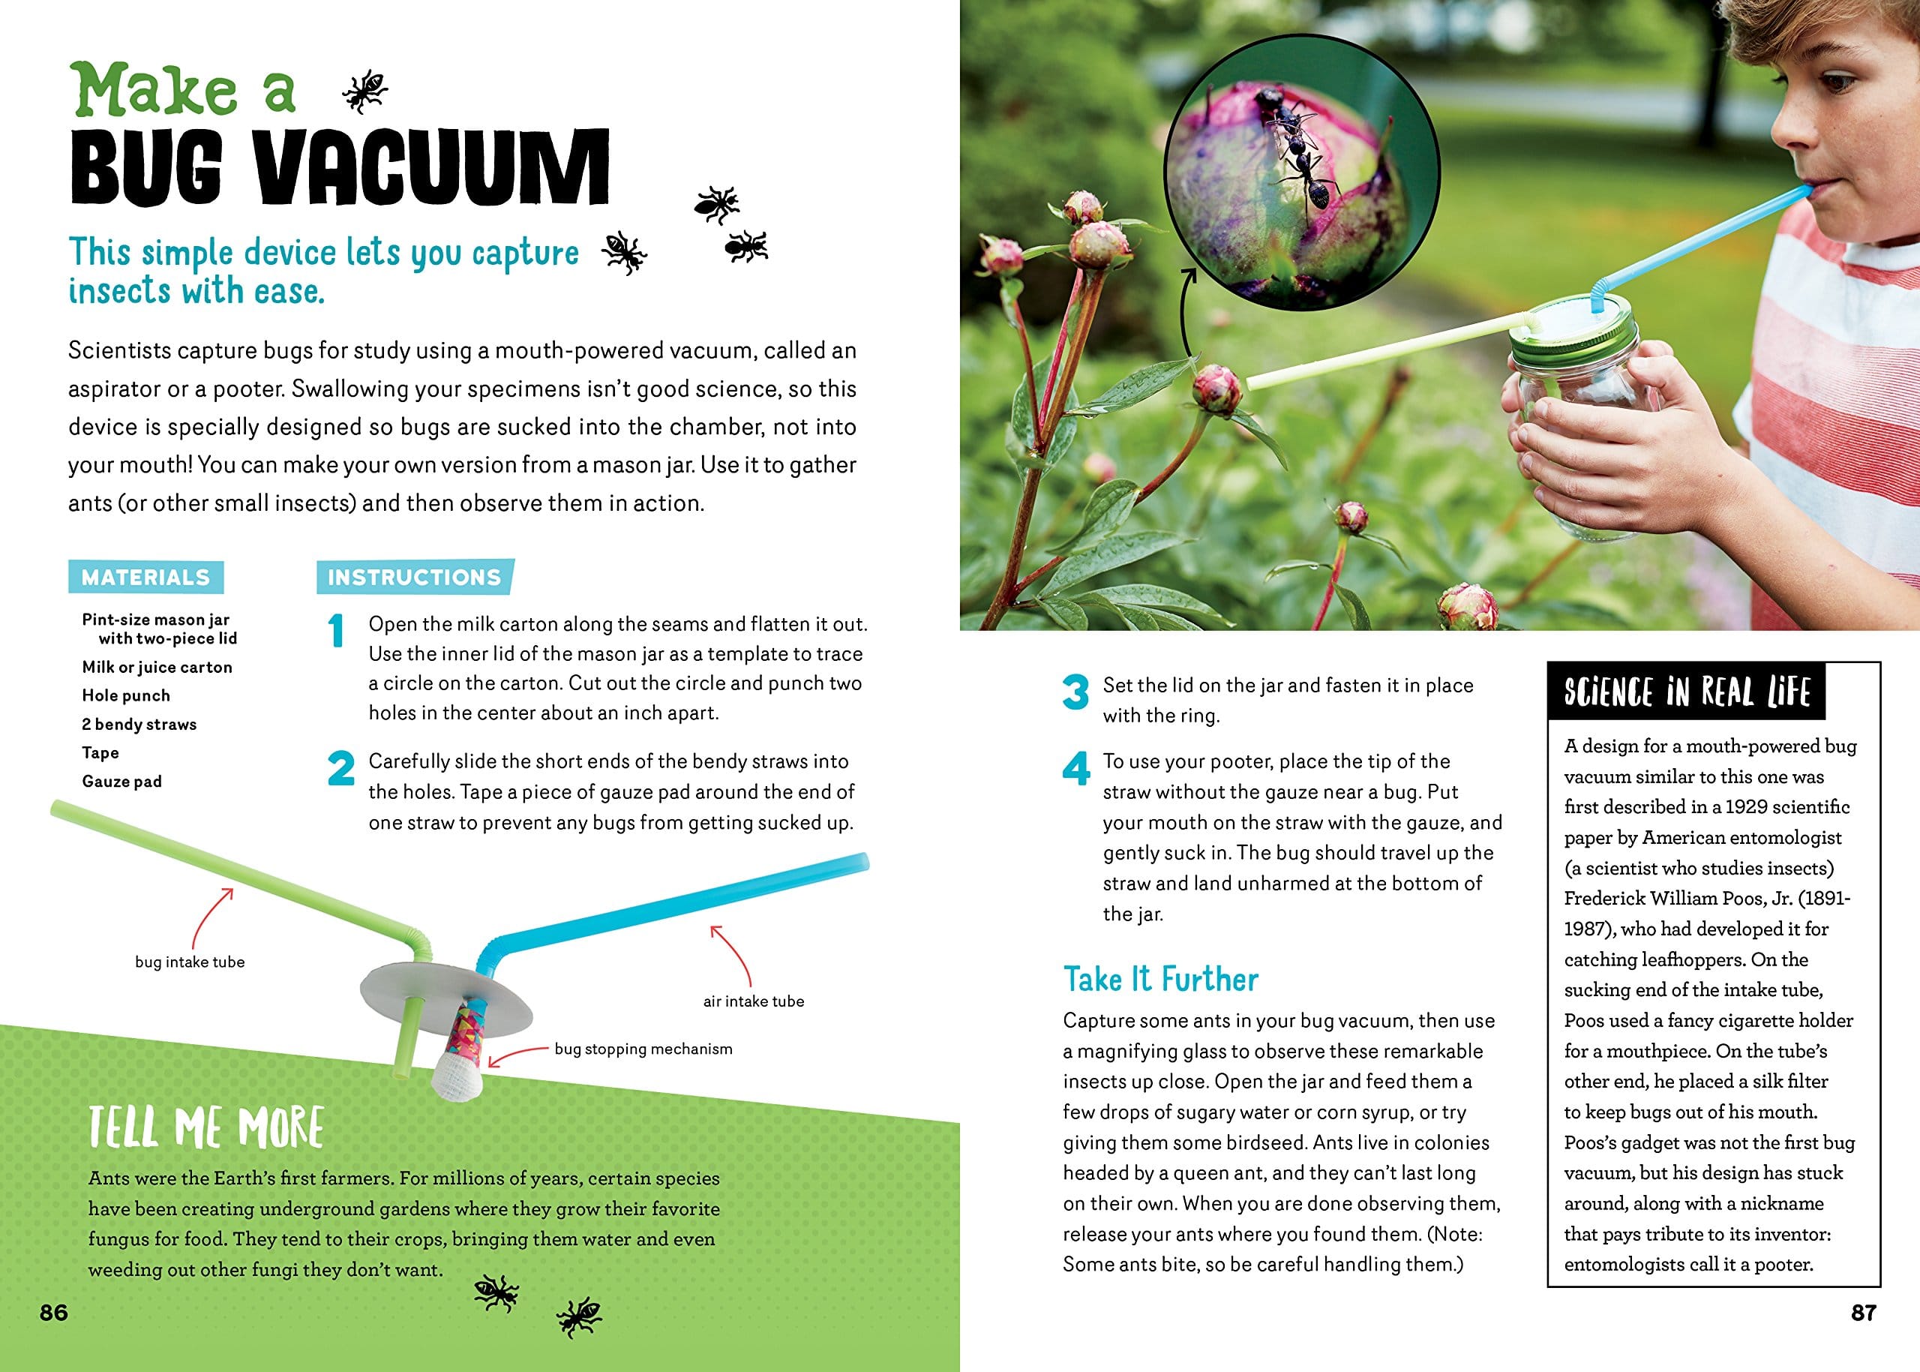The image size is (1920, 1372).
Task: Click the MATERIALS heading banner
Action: pyautogui.click(x=145, y=577)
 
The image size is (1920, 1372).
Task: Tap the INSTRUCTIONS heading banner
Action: pyautogui.click(x=414, y=577)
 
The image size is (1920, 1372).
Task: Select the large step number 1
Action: pyautogui.click(x=337, y=630)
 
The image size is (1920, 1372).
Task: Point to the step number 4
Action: pyautogui.click(x=1075, y=768)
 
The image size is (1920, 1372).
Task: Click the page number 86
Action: pyautogui.click(x=53, y=1312)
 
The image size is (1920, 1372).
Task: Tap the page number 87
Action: pyautogui.click(x=1864, y=1312)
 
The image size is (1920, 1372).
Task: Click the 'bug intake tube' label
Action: pyautogui.click(x=190, y=962)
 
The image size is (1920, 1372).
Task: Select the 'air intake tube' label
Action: pyautogui.click(x=754, y=1001)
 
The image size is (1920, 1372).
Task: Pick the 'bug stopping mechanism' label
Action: pyautogui.click(x=643, y=1049)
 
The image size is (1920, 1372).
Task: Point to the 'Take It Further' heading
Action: pyautogui.click(x=1160, y=979)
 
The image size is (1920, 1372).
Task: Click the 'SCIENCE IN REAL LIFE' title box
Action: pyautogui.click(x=1686, y=692)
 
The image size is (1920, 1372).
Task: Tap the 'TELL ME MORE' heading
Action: pyautogui.click(x=206, y=1126)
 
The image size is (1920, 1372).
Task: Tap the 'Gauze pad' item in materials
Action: pyautogui.click(x=121, y=782)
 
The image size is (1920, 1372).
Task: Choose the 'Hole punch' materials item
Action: pyautogui.click(x=126, y=695)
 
